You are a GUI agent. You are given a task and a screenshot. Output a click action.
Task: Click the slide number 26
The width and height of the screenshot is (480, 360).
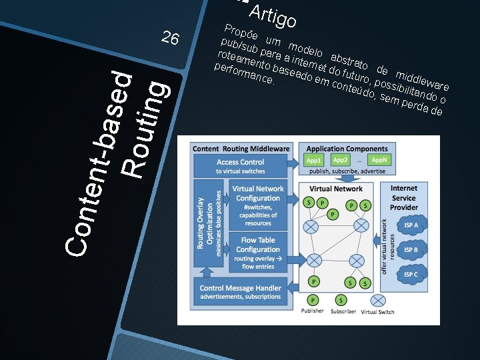click(170, 39)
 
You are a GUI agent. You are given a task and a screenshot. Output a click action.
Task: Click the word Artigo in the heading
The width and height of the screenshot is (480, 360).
click(272, 16)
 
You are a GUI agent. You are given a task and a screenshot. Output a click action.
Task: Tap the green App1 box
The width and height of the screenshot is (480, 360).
click(314, 161)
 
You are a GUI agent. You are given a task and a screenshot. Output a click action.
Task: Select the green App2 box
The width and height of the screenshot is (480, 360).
click(341, 161)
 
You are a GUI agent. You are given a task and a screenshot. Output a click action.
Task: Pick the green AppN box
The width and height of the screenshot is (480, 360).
click(379, 161)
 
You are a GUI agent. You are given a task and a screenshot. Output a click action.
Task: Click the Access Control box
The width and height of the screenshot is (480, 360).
click(241, 166)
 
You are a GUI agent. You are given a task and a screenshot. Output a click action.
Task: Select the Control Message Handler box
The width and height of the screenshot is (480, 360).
click(241, 291)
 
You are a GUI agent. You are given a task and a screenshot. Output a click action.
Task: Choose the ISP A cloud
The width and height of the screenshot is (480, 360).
click(411, 225)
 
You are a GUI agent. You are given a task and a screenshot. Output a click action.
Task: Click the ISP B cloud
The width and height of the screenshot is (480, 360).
click(411, 250)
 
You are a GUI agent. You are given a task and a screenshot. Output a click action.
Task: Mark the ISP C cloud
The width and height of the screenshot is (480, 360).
click(411, 274)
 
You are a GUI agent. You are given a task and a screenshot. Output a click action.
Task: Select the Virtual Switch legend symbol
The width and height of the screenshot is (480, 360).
click(377, 300)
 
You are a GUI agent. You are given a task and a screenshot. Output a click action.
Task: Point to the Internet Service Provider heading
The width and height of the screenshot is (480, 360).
click(404, 198)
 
